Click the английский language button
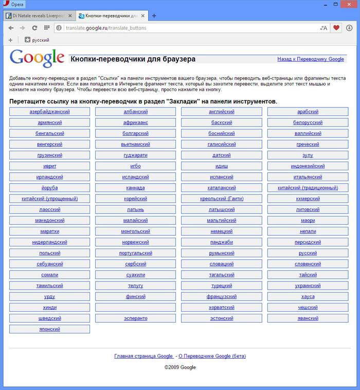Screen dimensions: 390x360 pyautogui.click(x=221, y=112)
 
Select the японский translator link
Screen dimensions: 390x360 pyautogui.click(x=49, y=329)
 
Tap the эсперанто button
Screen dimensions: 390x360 pyautogui.click(x=135, y=318)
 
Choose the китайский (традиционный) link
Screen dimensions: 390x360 pyautogui.click(x=308, y=188)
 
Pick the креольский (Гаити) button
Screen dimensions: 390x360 pyautogui.click(x=221, y=199)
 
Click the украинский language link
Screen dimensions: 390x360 pyautogui.click(x=308, y=286)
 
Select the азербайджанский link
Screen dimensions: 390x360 pyautogui.click(x=49, y=112)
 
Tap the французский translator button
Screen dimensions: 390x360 pyautogui.click(x=221, y=297)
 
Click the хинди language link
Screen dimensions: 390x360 pyautogui.click(x=49, y=308)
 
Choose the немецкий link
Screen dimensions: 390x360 pyautogui.click(x=221, y=232)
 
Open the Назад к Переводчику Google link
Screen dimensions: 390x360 pyautogui.click(x=311, y=59)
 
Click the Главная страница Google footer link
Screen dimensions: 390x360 pyautogui.click(x=143, y=356)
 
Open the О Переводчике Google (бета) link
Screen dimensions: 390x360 pyautogui.click(x=212, y=356)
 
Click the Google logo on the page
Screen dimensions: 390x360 pyautogui.click(x=37, y=59)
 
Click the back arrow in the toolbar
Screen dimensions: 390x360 pyautogui.click(x=11, y=28)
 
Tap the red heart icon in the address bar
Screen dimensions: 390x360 pyautogui.click(x=336, y=28)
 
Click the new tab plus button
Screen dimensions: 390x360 pyautogui.click(x=154, y=16)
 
